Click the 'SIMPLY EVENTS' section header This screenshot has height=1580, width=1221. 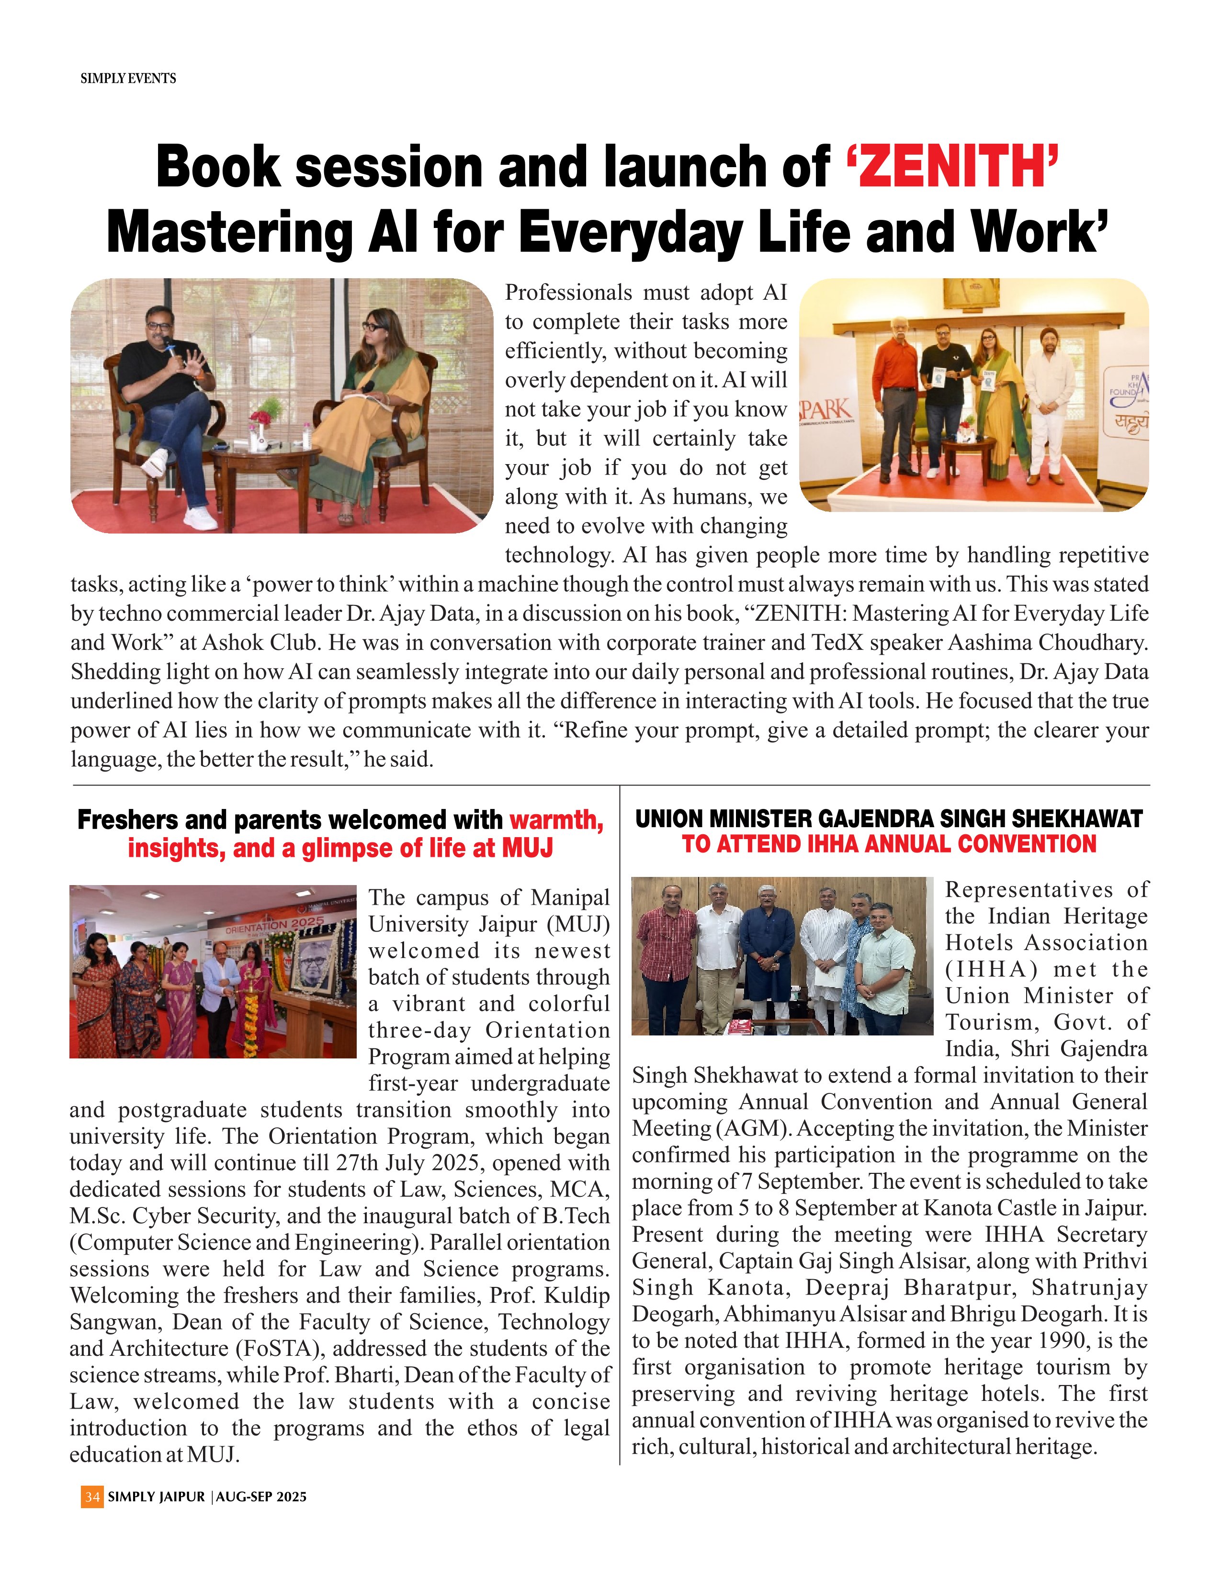point(128,78)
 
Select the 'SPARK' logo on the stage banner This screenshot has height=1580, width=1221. point(826,409)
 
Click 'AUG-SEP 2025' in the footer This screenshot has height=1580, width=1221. point(261,1496)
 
